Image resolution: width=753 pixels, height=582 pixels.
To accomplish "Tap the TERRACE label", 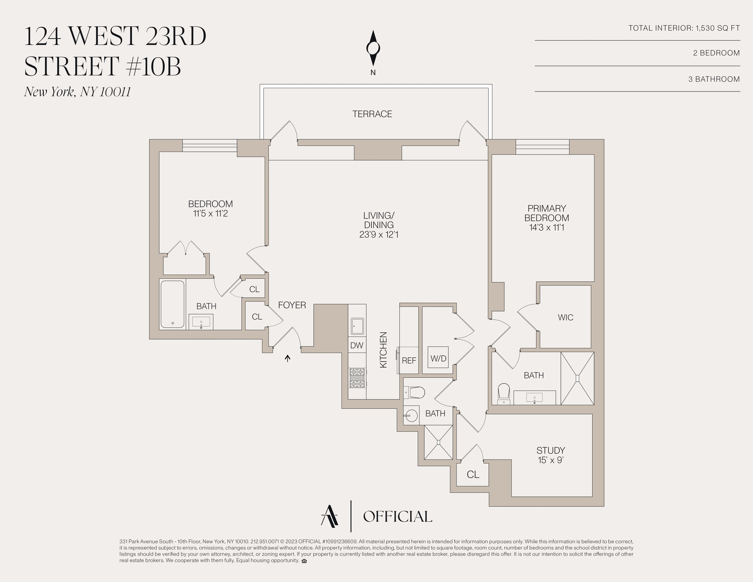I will [372, 114].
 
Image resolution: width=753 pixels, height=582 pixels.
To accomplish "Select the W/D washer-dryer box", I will [438, 358].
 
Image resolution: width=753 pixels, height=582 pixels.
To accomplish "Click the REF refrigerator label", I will [409, 360].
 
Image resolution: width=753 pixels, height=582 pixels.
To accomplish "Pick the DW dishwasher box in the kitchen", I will [356, 345].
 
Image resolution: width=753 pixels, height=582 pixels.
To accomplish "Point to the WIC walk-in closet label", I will [565, 317].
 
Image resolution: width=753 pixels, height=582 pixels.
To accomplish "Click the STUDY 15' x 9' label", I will [551, 455].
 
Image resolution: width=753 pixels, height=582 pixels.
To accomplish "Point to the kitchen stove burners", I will [357, 378].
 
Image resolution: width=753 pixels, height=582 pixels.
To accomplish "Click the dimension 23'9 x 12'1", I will [379, 235].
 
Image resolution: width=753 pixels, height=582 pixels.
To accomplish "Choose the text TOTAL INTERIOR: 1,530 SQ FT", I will [684, 28].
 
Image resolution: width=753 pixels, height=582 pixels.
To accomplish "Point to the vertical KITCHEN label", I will [383, 350].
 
